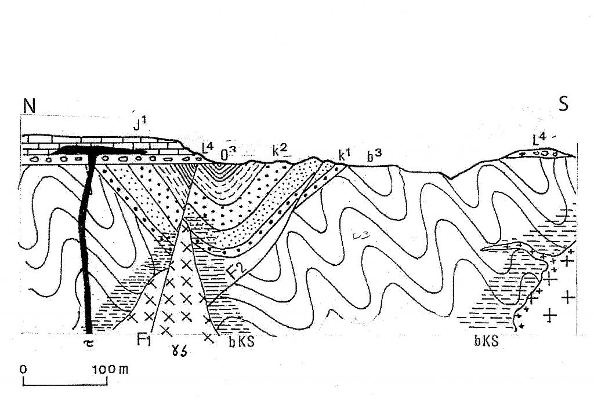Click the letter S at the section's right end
pos(563,105)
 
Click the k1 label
pos(344,155)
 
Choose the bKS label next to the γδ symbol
pos(241,342)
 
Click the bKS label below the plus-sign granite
pos(486,342)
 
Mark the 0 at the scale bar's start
pos(23,369)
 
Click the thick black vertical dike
pos(87,243)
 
